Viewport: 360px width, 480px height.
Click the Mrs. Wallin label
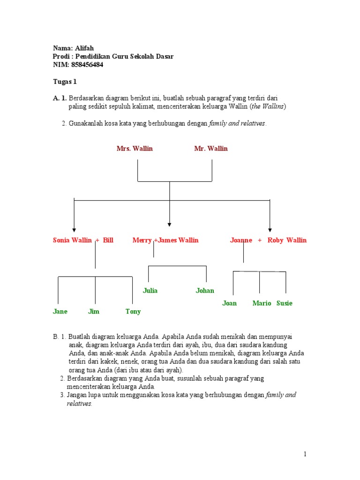click(x=135, y=149)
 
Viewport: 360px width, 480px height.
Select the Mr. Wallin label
click(x=211, y=149)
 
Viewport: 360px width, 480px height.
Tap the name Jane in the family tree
click(x=60, y=311)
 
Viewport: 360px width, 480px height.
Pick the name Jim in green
click(x=94, y=311)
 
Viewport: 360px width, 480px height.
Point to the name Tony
click(x=133, y=311)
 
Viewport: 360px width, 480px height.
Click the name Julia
click(x=150, y=291)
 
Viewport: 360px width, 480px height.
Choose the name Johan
click(x=205, y=291)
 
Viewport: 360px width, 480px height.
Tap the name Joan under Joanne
click(x=229, y=303)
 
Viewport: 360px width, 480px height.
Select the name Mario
click(x=262, y=303)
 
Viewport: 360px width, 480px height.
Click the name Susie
click(x=284, y=303)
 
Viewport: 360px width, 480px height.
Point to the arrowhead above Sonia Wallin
click(x=74, y=229)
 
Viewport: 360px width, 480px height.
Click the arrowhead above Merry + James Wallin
click(x=169, y=224)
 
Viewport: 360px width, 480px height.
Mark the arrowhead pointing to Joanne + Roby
click(x=270, y=229)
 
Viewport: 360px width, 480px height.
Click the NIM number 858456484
click(x=86, y=65)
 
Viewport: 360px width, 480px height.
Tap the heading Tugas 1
click(x=64, y=82)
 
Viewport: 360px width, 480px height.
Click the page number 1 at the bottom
click(x=305, y=454)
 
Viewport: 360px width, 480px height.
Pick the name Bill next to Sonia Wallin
click(x=108, y=240)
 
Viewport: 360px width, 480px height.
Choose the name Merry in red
click(x=142, y=240)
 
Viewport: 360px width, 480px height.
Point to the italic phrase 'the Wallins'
click(x=268, y=106)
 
